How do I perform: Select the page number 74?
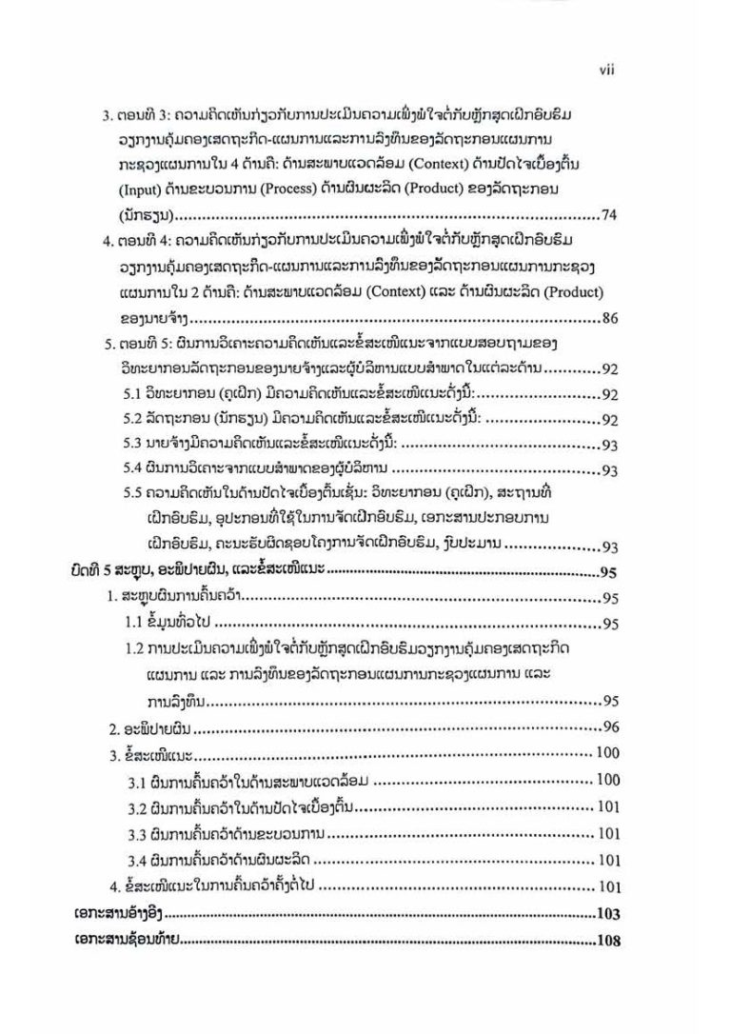click(610, 214)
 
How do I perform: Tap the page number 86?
click(610, 318)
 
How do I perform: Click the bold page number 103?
click(606, 914)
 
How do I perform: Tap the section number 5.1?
click(135, 394)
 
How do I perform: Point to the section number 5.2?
click(135, 419)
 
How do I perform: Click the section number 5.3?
click(135, 444)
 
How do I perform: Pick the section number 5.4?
click(135, 469)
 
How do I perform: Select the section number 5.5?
click(135, 494)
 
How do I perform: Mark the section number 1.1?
click(136, 624)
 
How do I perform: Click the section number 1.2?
click(136, 649)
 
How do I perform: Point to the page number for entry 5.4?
click(610, 469)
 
